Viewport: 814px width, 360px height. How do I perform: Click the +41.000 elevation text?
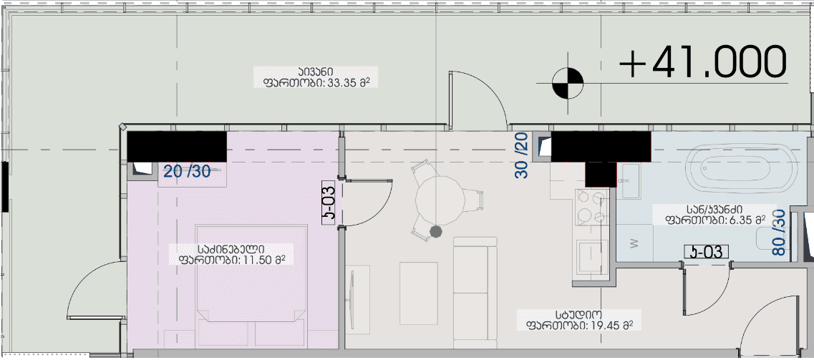(703, 62)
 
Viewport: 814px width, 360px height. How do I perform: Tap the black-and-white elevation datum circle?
(568, 84)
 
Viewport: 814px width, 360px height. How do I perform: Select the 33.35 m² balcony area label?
(315, 77)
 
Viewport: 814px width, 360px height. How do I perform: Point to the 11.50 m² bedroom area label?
(232, 253)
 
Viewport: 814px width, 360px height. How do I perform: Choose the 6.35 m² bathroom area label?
(715, 215)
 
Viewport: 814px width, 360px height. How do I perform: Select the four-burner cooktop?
(592, 207)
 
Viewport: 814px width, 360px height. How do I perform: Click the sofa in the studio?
(475, 293)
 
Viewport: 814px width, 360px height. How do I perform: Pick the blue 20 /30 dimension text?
(187, 170)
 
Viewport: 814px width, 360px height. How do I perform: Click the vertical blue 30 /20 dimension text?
(522, 155)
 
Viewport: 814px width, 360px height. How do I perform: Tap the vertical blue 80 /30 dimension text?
(779, 232)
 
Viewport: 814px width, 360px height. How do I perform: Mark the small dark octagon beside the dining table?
(435, 231)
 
